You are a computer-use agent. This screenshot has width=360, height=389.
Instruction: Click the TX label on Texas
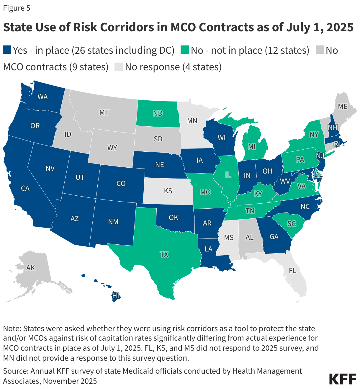coord(164,254)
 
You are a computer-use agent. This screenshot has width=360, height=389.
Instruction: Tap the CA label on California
coord(25,188)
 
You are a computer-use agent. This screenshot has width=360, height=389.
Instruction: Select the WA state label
coord(42,97)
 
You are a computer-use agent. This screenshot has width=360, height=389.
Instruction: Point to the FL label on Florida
coord(292,271)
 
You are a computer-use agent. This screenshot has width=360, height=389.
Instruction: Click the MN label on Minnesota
coord(192,121)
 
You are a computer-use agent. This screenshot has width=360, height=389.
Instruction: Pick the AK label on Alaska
coord(30,268)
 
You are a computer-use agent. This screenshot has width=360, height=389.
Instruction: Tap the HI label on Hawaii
coord(115,295)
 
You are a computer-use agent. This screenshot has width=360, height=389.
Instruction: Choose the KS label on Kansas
coord(168,191)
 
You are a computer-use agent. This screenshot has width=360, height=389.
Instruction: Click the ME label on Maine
coord(343,107)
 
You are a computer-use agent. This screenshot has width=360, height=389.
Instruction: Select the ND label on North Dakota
coord(158,113)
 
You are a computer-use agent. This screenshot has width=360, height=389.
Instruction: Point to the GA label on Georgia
coord(274,237)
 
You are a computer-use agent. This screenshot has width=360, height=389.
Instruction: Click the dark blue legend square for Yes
coord(7,50)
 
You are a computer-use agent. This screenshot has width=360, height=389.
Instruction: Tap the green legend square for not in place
coord(185,50)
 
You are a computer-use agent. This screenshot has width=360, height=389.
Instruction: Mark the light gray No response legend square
coord(118,67)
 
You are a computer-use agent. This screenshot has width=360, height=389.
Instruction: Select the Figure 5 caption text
coord(17,8)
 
